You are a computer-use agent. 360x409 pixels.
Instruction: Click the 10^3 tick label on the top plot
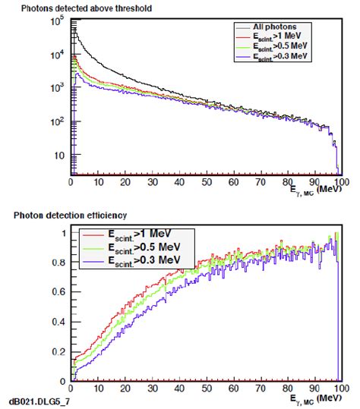click(x=56, y=87)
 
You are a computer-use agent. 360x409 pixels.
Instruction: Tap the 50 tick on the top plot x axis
click(x=204, y=182)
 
